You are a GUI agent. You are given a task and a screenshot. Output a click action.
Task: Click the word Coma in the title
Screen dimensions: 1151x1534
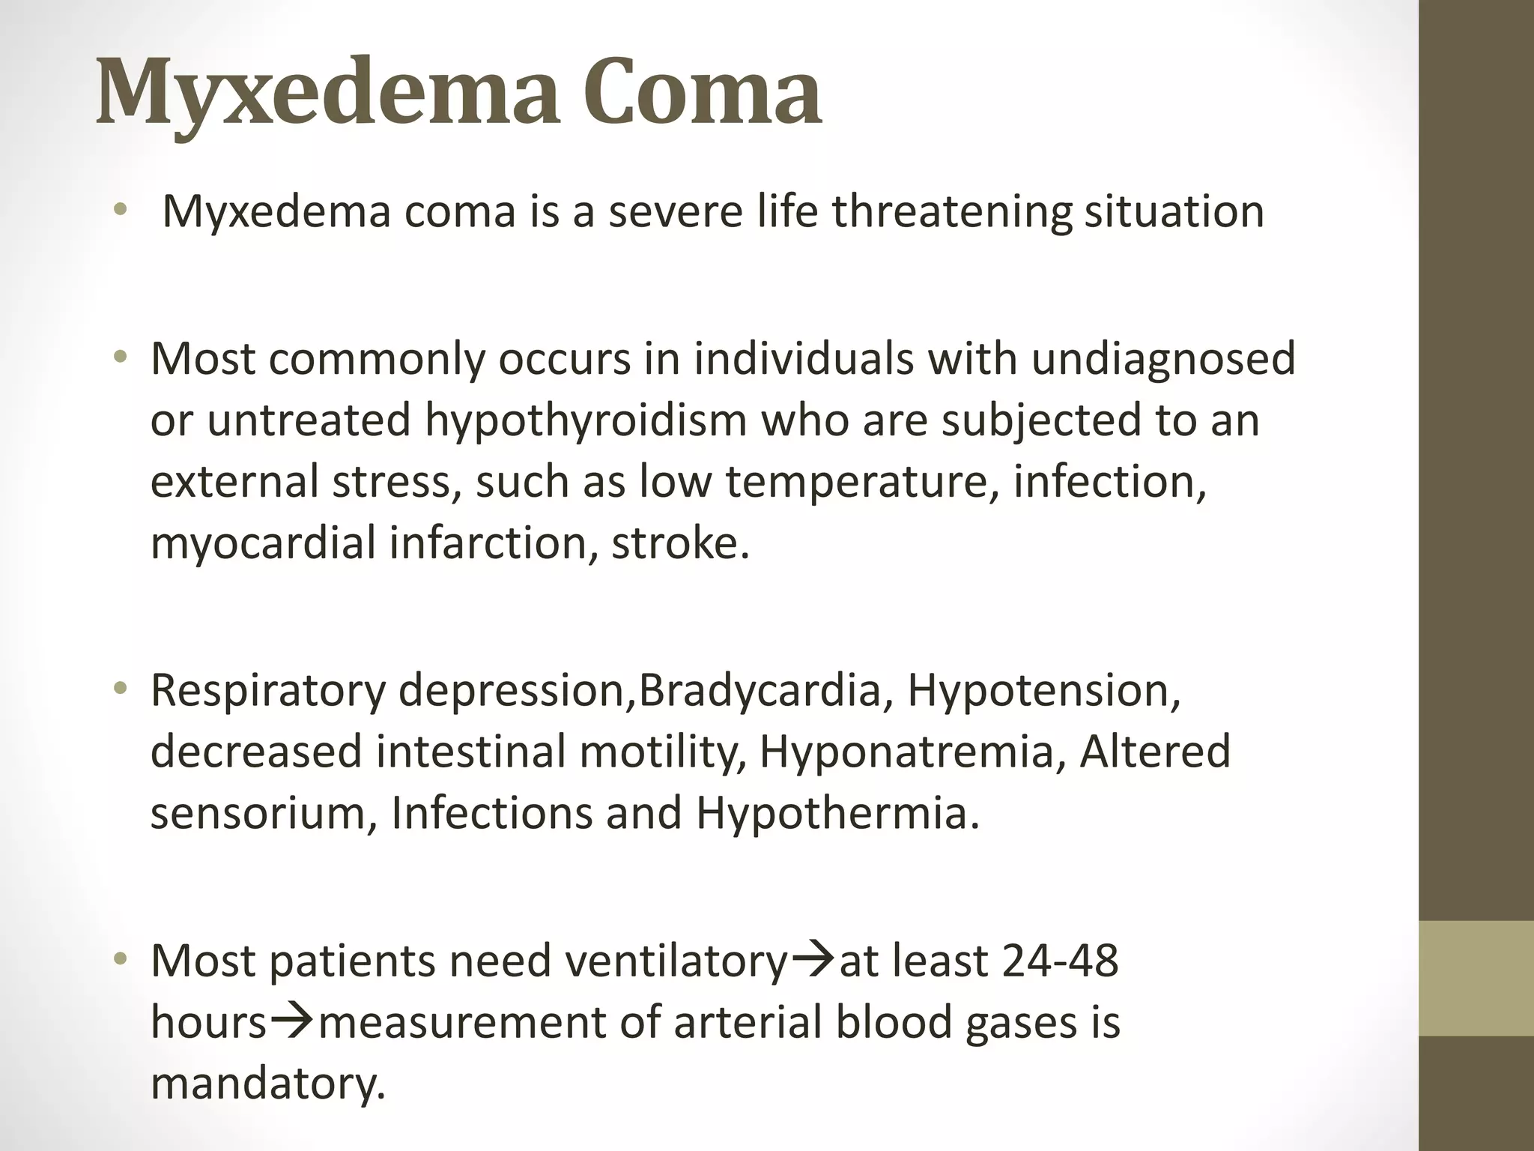[x=702, y=93]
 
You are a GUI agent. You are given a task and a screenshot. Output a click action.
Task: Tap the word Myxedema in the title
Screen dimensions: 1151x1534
[x=328, y=93]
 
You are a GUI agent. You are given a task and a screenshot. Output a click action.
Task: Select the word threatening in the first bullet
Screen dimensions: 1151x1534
[x=952, y=211]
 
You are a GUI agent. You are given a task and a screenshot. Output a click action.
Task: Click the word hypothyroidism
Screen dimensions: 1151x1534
[x=586, y=420]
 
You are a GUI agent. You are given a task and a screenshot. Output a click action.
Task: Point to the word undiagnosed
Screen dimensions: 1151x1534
[x=1162, y=359]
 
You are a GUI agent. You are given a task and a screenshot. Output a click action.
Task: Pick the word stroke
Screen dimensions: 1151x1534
[x=679, y=543]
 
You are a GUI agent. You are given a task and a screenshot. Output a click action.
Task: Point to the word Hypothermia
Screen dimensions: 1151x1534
[x=837, y=813]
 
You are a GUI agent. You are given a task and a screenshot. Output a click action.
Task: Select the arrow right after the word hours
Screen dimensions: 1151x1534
[x=293, y=1021]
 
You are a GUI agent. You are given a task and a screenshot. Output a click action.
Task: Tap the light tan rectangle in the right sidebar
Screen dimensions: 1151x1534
[x=1476, y=978]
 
